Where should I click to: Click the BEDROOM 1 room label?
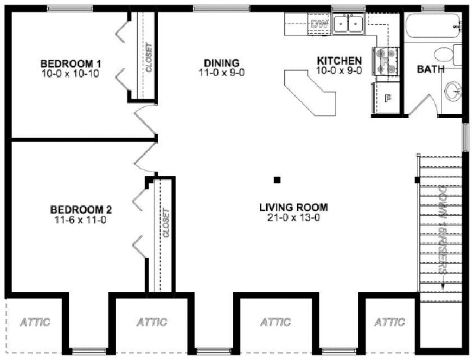pos(69,62)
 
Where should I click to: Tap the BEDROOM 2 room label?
pos(81,209)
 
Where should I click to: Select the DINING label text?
pos(221,62)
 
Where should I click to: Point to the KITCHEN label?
pos(339,60)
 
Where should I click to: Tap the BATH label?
pos(431,69)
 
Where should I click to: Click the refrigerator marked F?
pos(387,98)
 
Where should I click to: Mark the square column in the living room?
pos(277,180)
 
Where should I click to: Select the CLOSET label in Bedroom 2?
pos(166,223)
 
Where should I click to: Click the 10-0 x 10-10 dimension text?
pos(69,74)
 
